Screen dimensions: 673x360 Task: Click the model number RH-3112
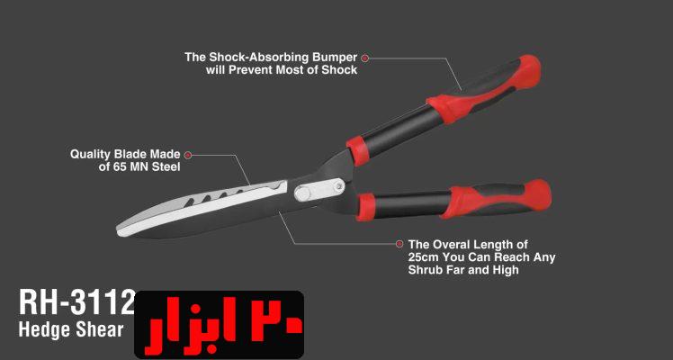point(77,302)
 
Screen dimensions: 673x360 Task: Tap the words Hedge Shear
point(71,329)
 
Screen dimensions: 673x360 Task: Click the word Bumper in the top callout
point(335,58)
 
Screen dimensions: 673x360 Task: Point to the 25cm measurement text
point(424,257)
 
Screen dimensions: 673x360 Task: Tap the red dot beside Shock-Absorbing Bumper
point(364,58)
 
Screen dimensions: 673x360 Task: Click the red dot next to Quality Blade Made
point(188,155)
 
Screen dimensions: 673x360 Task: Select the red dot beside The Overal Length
point(399,244)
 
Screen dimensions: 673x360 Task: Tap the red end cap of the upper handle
point(530,71)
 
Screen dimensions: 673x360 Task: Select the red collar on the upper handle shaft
point(357,151)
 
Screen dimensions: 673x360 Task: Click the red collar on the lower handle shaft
point(365,207)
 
